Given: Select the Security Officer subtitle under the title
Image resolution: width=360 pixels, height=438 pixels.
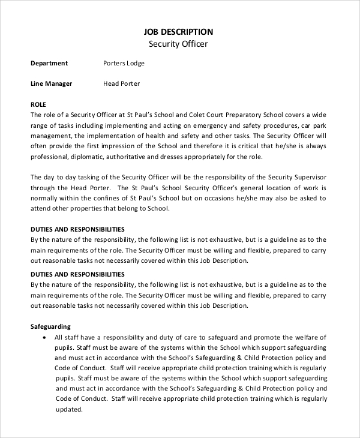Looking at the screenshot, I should pyautogui.click(x=179, y=44).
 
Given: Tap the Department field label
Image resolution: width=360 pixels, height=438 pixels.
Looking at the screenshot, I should pyautogui.click(x=49, y=63).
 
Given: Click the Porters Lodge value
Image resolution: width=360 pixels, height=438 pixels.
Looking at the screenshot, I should pyautogui.click(x=124, y=63).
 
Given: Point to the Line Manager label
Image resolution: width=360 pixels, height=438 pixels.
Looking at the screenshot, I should pyautogui.click(x=51, y=83).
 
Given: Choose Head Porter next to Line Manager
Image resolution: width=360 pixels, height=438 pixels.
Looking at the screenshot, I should pyautogui.click(x=122, y=83).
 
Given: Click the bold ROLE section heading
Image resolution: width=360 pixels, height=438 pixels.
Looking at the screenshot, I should pyautogui.click(x=38, y=104).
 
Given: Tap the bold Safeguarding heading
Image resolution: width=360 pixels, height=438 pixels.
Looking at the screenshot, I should pyautogui.click(x=50, y=327).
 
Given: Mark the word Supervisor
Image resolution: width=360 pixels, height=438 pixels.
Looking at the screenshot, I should pyautogui.click(x=308, y=177).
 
